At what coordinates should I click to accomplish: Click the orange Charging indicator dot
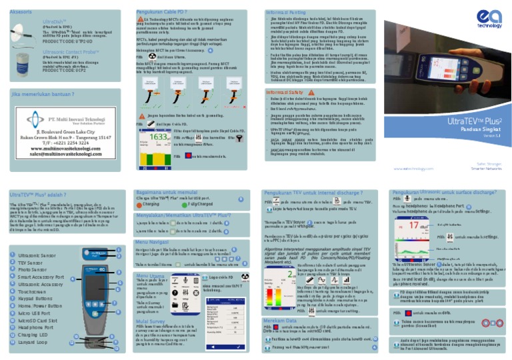(x=139, y=205)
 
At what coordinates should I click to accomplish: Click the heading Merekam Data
(x=275, y=320)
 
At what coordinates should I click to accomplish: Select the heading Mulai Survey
(x=150, y=320)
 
